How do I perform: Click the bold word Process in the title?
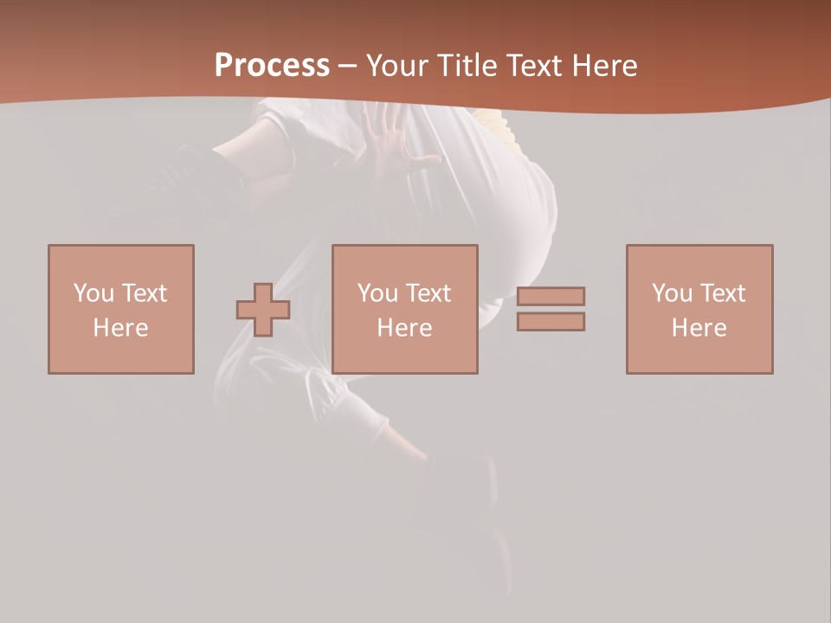coord(272,66)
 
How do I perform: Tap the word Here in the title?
coord(603,66)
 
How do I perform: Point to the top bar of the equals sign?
coord(551,296)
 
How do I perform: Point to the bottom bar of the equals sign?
coord(551,322)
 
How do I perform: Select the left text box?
coord(121,309)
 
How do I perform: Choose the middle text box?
coord(404,309)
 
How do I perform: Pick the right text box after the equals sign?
coord(699,309)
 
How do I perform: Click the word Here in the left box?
coord(121,328)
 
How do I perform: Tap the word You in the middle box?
coord(377,293)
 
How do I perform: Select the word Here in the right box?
coord(699,328)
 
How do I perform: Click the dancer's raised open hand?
coord(394,138)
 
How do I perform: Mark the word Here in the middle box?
coord(404,328)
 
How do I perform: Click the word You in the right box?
coord(672,293)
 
